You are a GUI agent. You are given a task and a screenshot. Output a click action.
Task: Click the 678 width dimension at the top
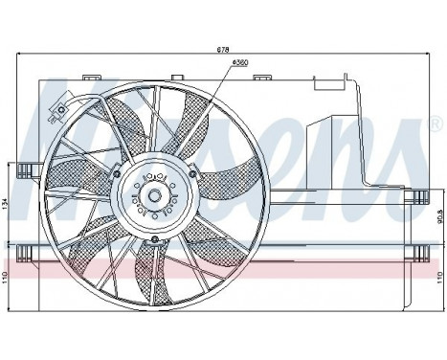point(223,49)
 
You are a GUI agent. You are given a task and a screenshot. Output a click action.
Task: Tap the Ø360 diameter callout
point(212,63)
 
